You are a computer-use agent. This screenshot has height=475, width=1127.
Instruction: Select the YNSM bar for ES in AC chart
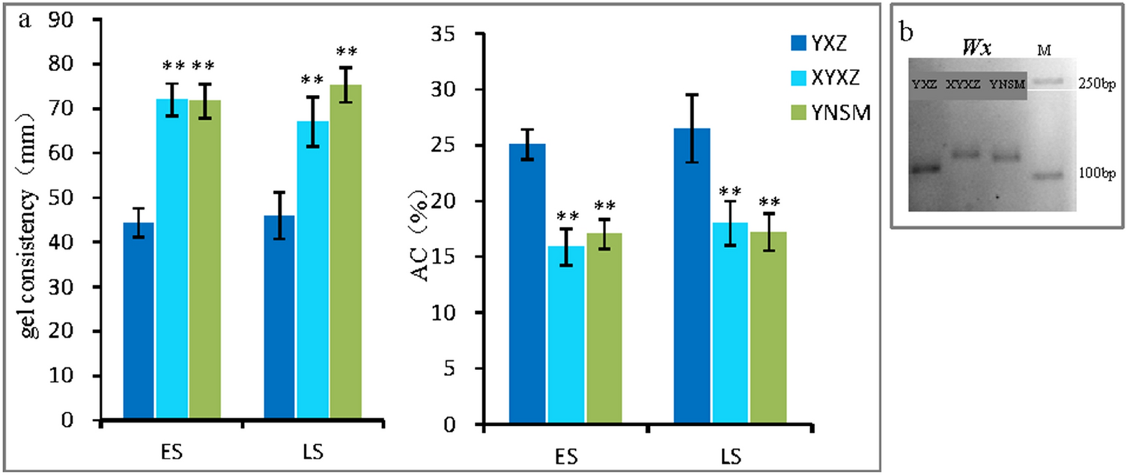point(604,329)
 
